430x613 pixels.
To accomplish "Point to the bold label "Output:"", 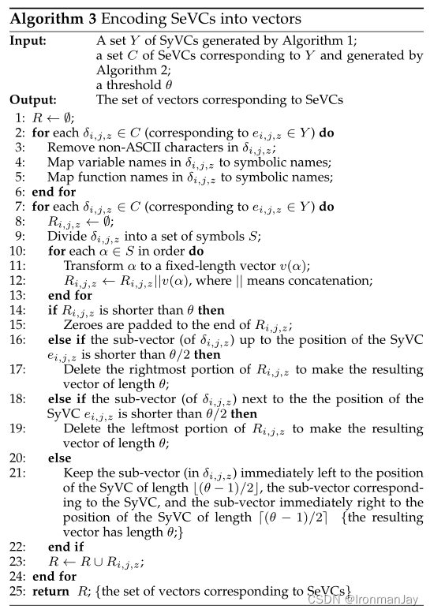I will pyautogui.click(x=33, y=100).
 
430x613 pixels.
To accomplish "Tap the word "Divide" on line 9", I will pyautogui.click(x=65, y=236).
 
